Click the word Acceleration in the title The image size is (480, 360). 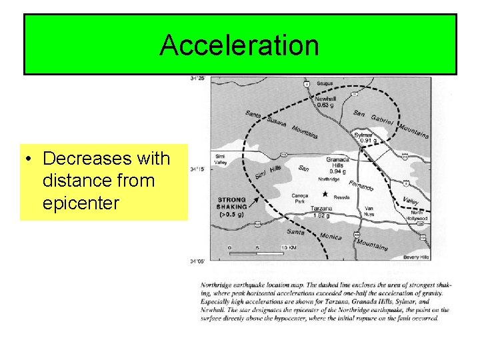click(x=239, y=45)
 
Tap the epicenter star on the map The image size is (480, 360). click(x=325, y=193)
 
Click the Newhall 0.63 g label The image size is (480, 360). click(x=325, y=100)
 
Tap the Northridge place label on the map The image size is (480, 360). click(x=329, y=179)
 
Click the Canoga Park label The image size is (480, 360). click(x=301, y=199)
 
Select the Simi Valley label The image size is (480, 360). click(x=221, y=160)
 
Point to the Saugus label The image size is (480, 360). click(x=325, y=83)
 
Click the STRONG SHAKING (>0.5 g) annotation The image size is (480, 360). click(x=231, y=207)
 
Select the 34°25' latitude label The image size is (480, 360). click(x=197, y=79)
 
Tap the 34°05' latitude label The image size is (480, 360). click(x=197, y=261)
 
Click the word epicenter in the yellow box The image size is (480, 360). click(x=80, y=203)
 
